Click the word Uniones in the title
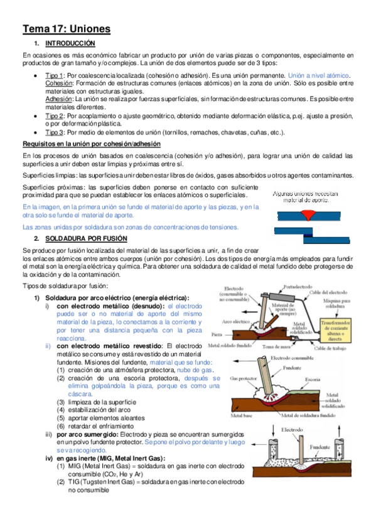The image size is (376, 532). tap(90, 29)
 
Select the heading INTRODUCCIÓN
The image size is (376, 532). tap(70, 43)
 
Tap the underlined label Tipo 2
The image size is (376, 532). tap(54, 116)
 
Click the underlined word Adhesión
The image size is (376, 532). tap(59, 99)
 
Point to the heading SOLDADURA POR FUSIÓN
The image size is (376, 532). tap(86, 238)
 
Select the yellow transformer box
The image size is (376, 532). tap(336, 329)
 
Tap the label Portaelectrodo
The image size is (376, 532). tap(298, 287)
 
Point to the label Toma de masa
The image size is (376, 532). tap(276, 347)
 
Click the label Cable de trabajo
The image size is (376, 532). tap(330, 348)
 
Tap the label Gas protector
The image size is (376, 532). tap(244, 378)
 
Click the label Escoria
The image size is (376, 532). tap(313, 380)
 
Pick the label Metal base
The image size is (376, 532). tap(241, 415)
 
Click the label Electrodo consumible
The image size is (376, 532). tap(292, 358)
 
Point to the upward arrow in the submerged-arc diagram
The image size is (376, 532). tap(339, 432)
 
